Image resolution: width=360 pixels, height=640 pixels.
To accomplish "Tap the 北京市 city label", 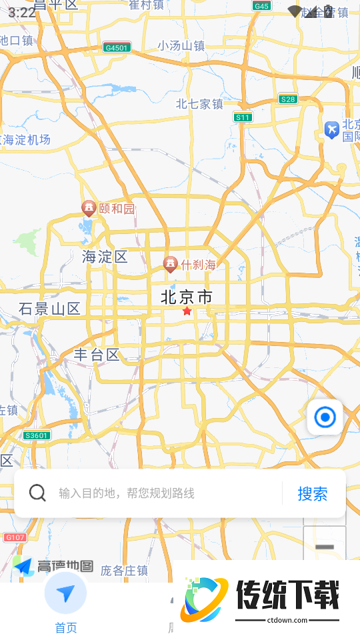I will click(187, 297).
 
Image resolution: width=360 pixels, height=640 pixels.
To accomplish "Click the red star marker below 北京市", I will click(187, 311).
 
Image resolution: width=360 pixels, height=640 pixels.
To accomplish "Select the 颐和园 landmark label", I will click(117, 209).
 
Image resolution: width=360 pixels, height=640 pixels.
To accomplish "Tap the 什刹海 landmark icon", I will click(170, 265).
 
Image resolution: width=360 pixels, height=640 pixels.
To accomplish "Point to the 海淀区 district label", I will click(105, 257).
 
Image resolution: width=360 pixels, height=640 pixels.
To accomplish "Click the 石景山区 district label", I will click(49, 309).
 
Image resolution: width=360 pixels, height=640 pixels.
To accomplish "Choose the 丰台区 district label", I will click(97, 355).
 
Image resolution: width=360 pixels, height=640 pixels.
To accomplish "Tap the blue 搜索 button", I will click(312, 494).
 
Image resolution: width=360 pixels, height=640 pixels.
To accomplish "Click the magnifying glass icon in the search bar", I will click(38, 493).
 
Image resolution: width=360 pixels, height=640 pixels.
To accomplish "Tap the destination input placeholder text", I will click(127, 493).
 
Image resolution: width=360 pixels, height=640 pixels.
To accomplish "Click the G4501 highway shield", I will click(117, 47).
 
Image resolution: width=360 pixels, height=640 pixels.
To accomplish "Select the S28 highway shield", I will click(288, 99).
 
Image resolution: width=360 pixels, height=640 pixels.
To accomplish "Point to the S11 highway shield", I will click(243, 117).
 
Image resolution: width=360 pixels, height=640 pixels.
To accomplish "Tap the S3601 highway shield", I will click(36, 435).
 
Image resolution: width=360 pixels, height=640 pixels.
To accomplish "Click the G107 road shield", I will click(15, 537).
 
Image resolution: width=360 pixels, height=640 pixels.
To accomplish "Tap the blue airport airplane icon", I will click(331, 129).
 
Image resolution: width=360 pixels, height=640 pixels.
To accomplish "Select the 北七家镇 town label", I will click(199, 104).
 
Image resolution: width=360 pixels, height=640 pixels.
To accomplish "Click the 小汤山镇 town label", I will click(181, 45).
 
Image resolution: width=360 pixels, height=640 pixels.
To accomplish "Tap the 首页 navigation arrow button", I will click(65, 593).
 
